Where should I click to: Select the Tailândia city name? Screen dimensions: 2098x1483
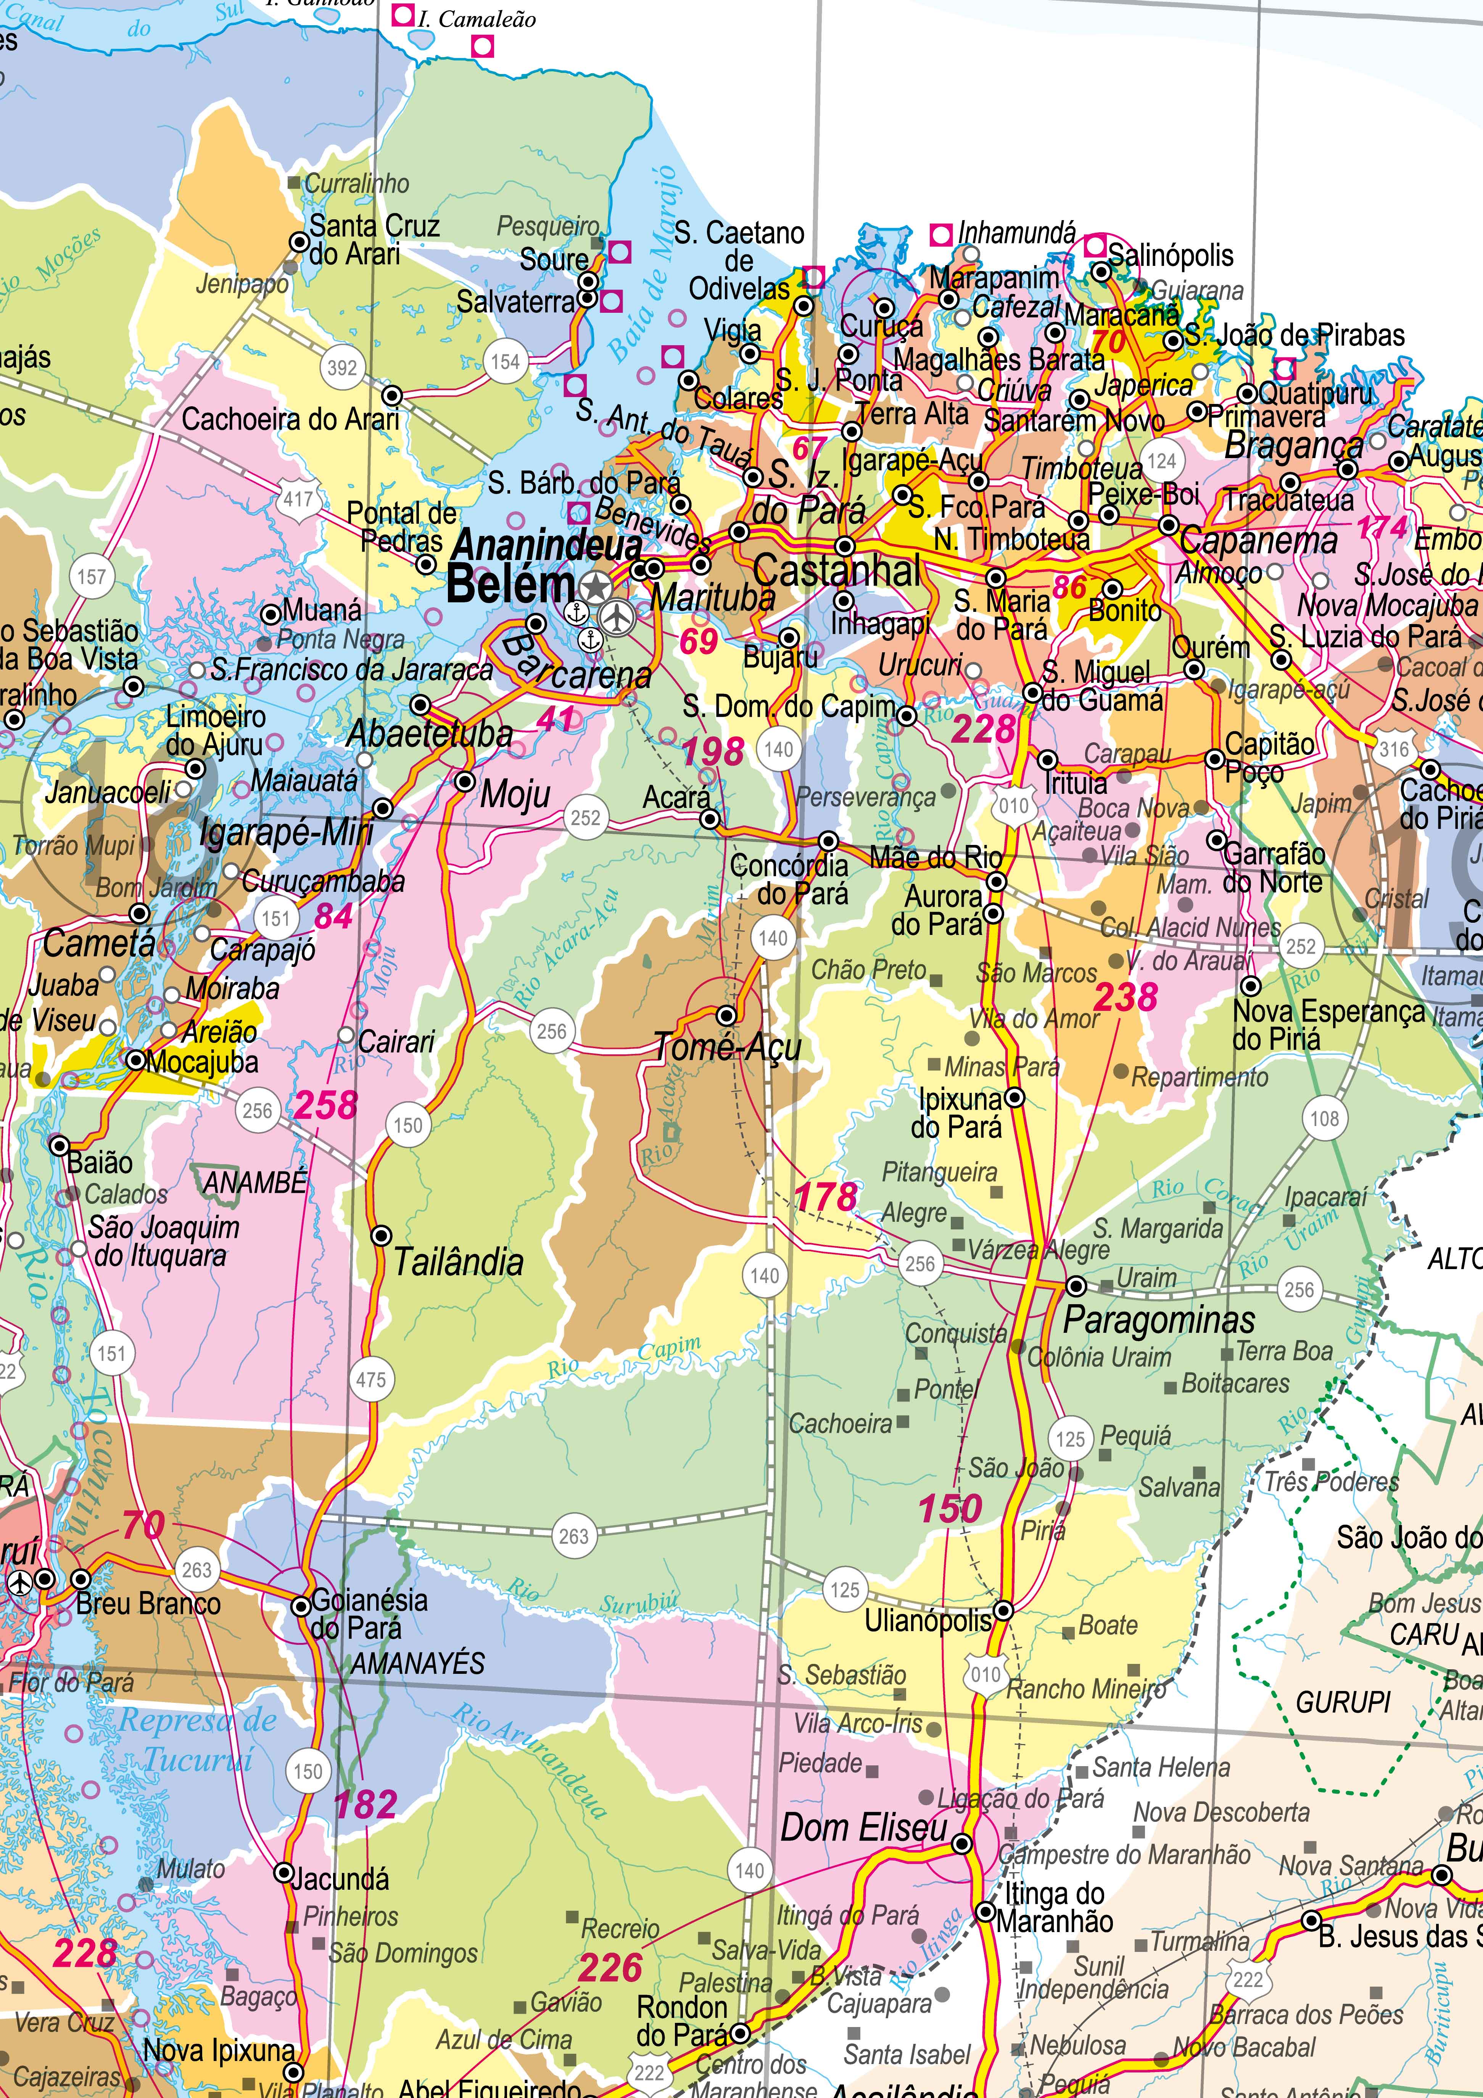coord(459,1263)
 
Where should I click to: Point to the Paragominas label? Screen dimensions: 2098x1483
coord(1159,1319)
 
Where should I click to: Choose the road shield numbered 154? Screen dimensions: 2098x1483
coord(505,362)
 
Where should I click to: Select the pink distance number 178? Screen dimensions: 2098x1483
coord(826,1197)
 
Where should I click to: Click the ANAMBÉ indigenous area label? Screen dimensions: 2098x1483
coord(255,1183)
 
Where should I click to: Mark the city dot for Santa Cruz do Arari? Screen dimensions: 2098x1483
coord(299,242)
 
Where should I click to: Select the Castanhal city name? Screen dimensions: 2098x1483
coord(837,572)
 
